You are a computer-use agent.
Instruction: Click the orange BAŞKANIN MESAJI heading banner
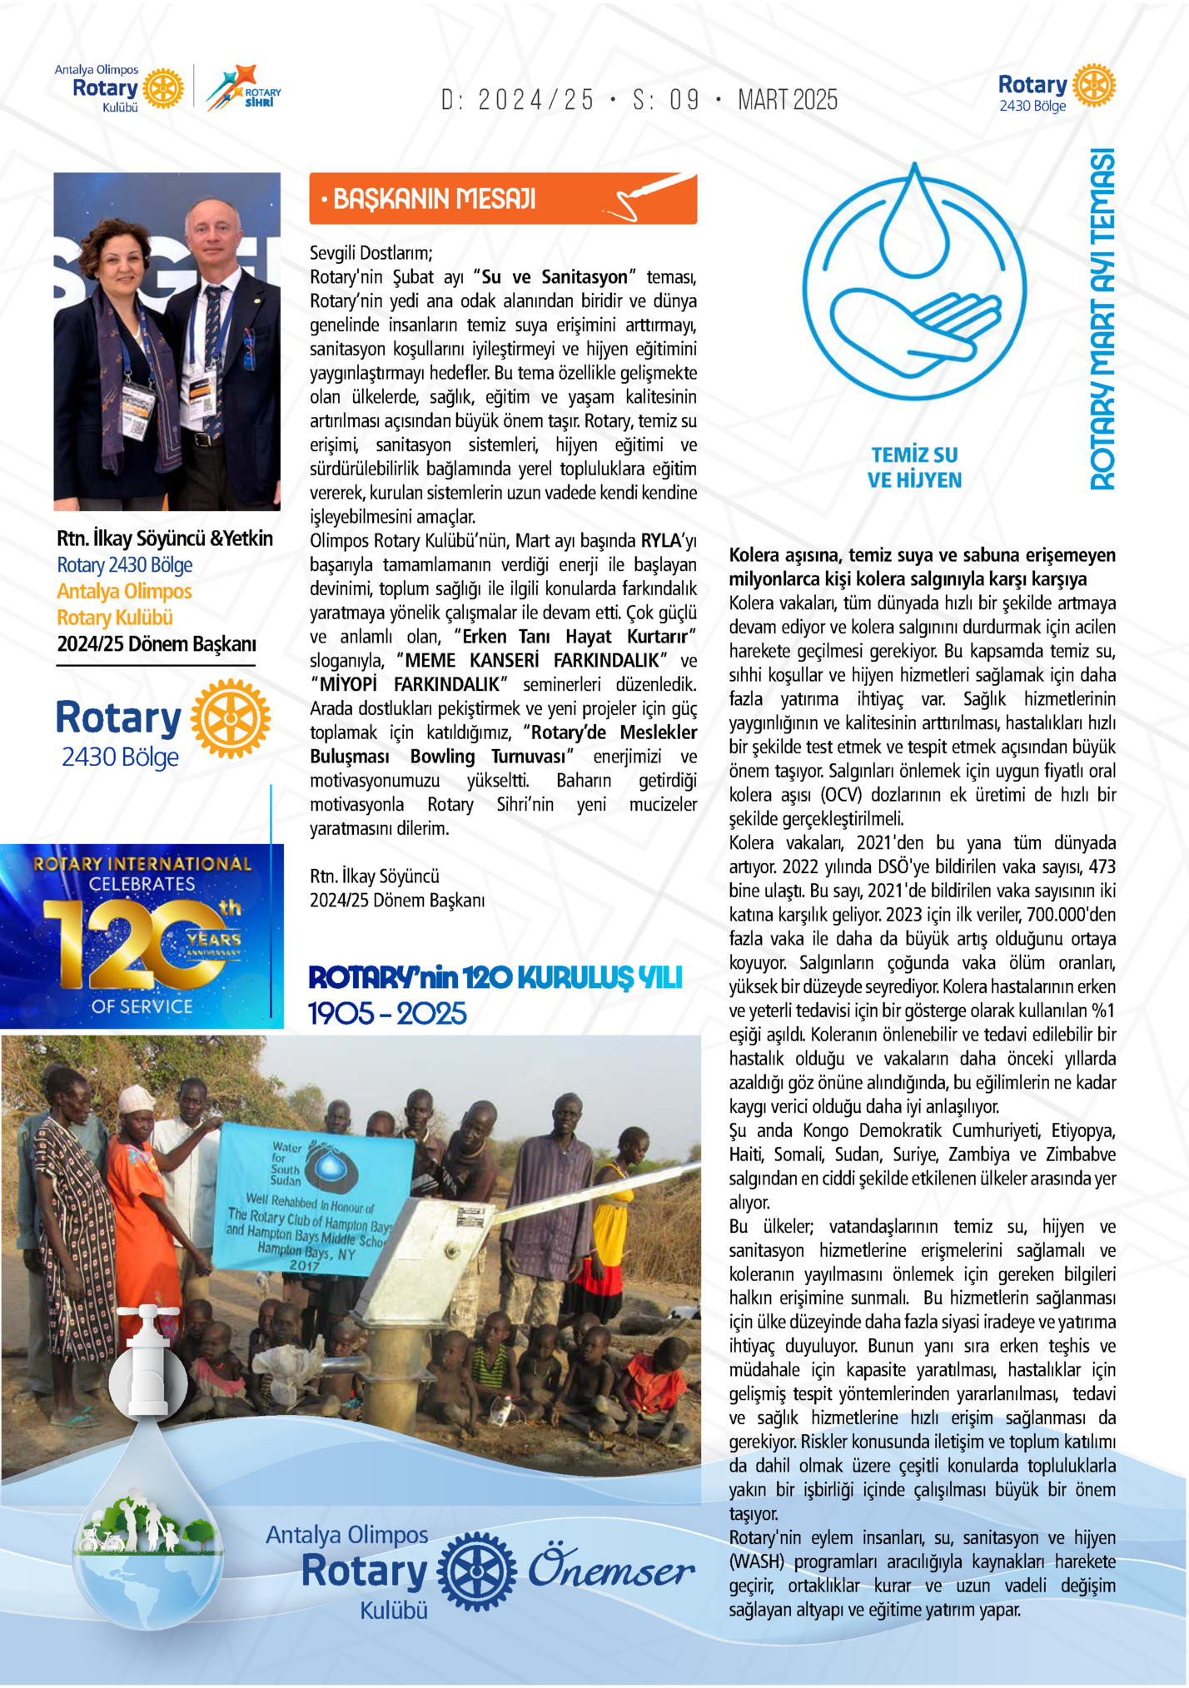(502, 199)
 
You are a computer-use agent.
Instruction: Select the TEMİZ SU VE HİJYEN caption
(914, 467)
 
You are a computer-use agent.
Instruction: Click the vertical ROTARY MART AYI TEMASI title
(1102, 320)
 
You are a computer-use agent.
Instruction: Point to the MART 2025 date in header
(787, 101)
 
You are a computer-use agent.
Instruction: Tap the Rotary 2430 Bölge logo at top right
(1056, 87)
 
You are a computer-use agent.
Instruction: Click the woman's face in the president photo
(121, 255)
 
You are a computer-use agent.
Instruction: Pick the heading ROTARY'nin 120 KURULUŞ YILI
(495, 977)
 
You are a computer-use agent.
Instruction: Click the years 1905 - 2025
(387, 1014)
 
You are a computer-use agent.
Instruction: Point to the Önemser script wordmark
(611, 1570)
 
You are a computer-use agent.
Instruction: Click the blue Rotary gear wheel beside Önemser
(476, 1571)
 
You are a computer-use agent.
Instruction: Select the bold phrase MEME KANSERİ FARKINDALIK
(534, 661)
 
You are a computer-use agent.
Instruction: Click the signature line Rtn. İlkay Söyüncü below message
(375, 876)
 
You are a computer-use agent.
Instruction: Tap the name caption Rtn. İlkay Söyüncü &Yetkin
(165, 539)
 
